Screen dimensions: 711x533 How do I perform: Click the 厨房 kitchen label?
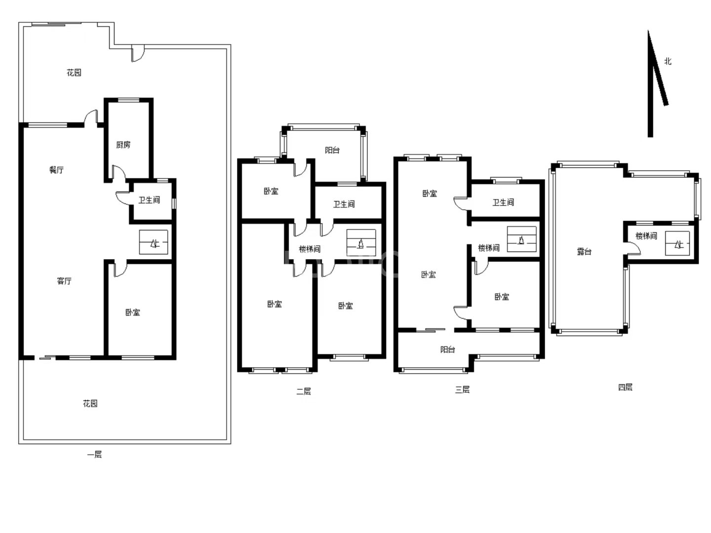click(x=123, y=145)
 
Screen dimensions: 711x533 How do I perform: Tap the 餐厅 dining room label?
click(x=56, y=170)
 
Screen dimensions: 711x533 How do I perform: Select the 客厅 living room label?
click(x=64, y=281)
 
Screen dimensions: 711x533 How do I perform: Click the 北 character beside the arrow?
click(x=668, y=61)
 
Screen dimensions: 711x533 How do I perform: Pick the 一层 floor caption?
click(x=95, y=455)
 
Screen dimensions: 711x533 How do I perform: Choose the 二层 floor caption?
click(x=304, y=391)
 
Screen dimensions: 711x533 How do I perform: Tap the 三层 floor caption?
click(x=462, y=389)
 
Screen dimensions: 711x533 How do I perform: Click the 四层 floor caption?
click(x=625, y=387)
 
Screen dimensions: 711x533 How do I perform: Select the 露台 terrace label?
click(x=584, y=252)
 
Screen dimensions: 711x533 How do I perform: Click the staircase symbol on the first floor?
click(x=154, y=242)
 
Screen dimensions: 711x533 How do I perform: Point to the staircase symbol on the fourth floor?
click(x=677, y=243)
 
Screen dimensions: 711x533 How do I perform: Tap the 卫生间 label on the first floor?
click(x=149, y=200)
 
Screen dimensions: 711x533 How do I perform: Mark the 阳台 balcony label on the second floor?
click(x=332, y=150)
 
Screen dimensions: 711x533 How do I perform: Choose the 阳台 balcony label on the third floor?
click(x=448, y=349)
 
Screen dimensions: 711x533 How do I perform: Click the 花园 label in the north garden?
click(x=74, y=73)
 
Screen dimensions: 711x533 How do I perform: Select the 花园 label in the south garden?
click(x=90, y=403)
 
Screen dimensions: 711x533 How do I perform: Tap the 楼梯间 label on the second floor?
click(x=310, y=249)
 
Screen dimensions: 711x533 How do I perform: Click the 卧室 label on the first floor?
click(x=133, y=312)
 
